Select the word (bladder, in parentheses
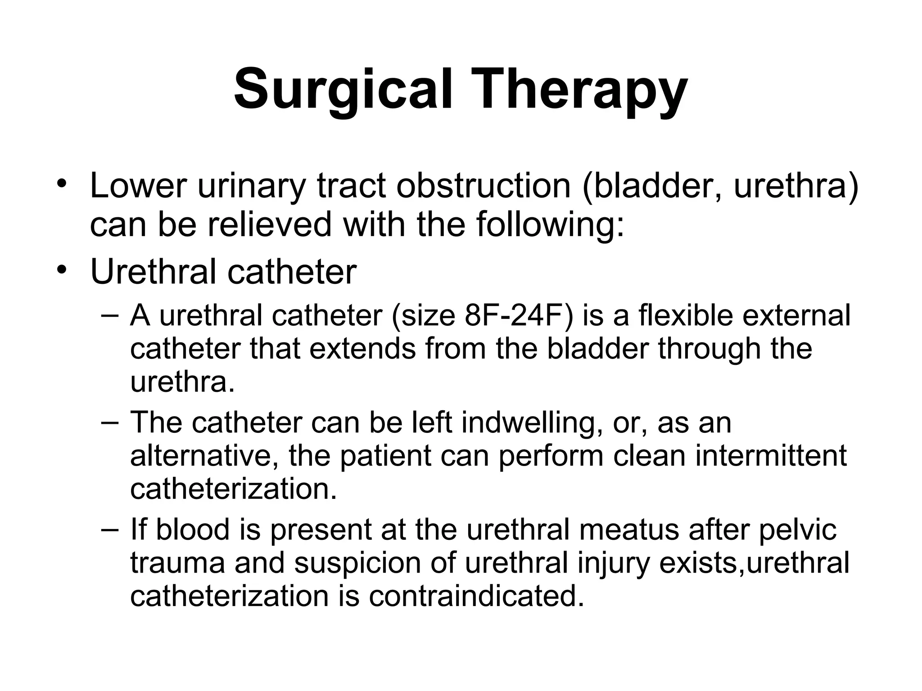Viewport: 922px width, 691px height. point(652,186)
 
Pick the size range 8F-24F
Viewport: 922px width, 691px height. point(516,315)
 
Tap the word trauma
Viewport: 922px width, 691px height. point(177,563)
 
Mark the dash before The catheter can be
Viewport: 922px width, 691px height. point(110,422)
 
